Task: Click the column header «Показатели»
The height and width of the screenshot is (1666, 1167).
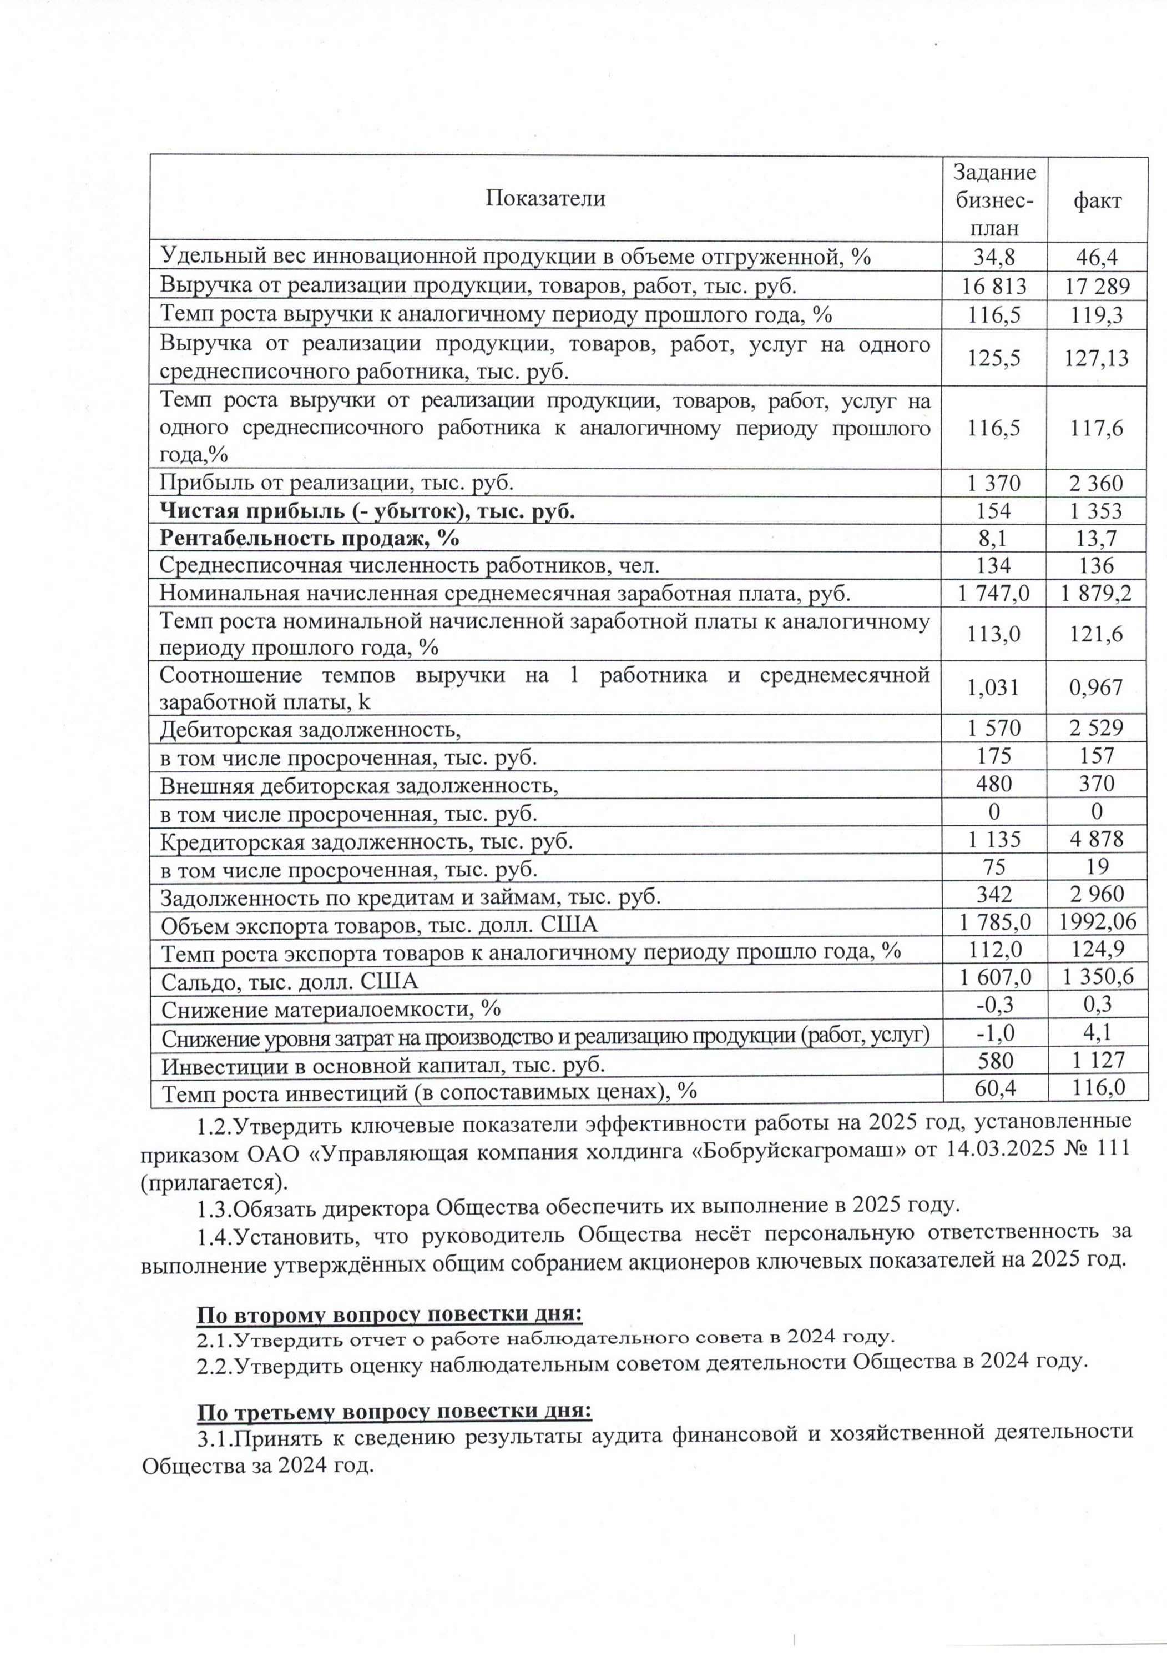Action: pyautogui.click(x=545, y=198)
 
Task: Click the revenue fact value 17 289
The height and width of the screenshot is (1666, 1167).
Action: pyautogui.click(x=1097, y=286)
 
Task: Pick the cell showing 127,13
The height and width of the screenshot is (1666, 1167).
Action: pyautogui.click(x=1097, y=358)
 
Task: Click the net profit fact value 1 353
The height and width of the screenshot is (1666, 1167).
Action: pyautogui.click(x=1097, y=511)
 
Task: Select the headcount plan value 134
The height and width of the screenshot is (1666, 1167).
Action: pyautogui.click(x=994, y=565)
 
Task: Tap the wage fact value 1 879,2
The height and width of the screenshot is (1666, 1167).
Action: pyautogui.click(x=1097, y=594)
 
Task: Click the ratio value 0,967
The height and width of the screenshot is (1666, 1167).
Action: pyautogui.click(x=1097, y=686)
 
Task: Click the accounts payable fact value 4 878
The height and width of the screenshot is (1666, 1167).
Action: pyautogui.click(x=1097, y=840)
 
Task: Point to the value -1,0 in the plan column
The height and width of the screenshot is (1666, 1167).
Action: pyautogui.click(x=995, y=1032)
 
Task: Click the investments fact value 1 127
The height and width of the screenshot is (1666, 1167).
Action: pyautogui.click(x=1097, y=1061)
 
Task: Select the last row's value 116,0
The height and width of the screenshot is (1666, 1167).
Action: pyautogui.click(x=1097, y=1087)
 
